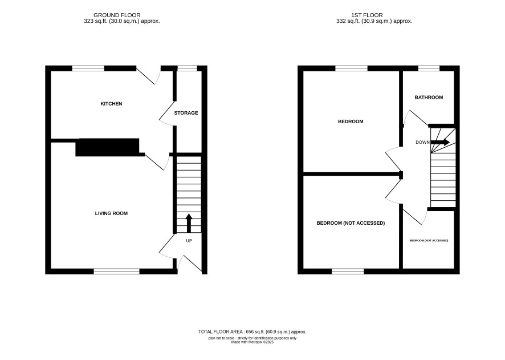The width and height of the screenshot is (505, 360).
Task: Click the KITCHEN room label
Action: click(x=112, y=104)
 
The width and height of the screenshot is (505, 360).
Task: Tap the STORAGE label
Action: click(x=186, y=113)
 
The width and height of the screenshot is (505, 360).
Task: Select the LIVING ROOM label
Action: click(x=112, y=213)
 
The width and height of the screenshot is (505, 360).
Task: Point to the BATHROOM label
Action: click(x=429, y=98)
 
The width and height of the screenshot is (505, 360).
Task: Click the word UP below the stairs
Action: click(x=189, y=241)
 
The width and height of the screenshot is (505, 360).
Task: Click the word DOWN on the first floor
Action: click(x=422, y=142)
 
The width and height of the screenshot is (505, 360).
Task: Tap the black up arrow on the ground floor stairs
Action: click(x=189, y=223)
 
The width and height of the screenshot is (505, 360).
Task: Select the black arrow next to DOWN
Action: click(x=440, y=142)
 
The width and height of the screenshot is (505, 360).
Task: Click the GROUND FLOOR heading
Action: click(x=117, y=15)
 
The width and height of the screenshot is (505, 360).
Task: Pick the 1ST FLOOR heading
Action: click(x=367, y=15)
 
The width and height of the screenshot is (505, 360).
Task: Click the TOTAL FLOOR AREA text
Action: click(x=252, y=331)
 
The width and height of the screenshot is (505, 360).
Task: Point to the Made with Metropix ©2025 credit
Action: click(x=252, y=342)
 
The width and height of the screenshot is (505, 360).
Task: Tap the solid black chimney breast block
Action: click(x=107, y=147)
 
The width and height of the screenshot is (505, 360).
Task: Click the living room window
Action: click(x=117, y=272)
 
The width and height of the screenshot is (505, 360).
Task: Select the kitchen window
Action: click(x=88, y=68)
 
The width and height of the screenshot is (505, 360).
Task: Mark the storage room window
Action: click(x=188, y=68)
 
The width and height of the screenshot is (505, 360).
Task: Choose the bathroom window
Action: click(x=429, y=68)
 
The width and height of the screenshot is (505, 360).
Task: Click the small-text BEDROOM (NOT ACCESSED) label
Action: click(x=429, y=241)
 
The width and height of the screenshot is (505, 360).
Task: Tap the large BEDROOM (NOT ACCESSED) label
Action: click(x=351, y=223)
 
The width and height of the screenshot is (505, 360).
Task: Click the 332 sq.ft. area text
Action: click(x=374, y=21)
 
